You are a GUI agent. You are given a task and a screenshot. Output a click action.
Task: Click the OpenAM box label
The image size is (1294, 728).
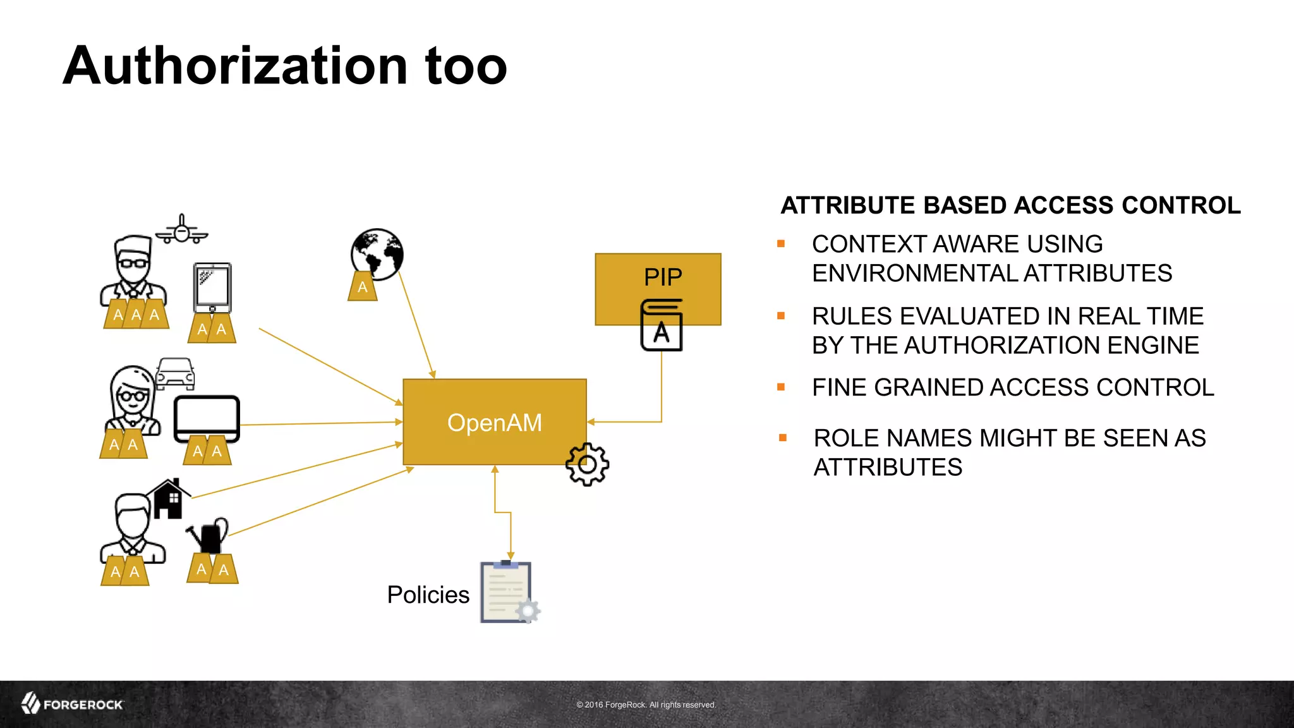click(x=494, y=423)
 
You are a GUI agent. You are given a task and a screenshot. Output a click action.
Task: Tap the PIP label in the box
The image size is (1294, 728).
click(x=663, y=277)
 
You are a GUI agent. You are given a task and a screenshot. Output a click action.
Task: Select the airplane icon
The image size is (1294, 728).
click(x=182, y=230)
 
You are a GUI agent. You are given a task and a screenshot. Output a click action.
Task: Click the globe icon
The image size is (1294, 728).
click(x=377, y=253)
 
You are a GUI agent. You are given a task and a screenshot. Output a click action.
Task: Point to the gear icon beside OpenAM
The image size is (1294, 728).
click(x=587, y=464)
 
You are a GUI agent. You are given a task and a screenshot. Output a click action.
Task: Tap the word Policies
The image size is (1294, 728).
click(x=428, y=595)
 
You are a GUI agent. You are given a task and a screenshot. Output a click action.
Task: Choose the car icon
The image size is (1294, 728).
click(x=175, y=373)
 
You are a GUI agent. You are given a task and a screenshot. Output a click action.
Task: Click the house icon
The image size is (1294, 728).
click(x=168, y=499)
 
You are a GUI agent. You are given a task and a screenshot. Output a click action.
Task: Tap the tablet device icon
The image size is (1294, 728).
click(x=212, y=288)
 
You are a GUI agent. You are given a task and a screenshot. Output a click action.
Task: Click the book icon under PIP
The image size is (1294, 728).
click(x=662, y=325)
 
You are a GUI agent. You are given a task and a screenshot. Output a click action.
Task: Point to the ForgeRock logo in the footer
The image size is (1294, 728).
click(x=72, y=704)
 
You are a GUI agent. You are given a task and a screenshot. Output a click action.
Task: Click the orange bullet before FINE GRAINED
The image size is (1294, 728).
click(x=781, y=387)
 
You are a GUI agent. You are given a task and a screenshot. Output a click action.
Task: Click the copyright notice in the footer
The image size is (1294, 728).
click(x=646, y=705)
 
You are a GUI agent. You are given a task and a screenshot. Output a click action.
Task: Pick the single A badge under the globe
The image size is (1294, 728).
click(x=362, y=288)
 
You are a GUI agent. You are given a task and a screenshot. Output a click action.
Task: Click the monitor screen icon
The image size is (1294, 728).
click(x=207, y=418)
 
